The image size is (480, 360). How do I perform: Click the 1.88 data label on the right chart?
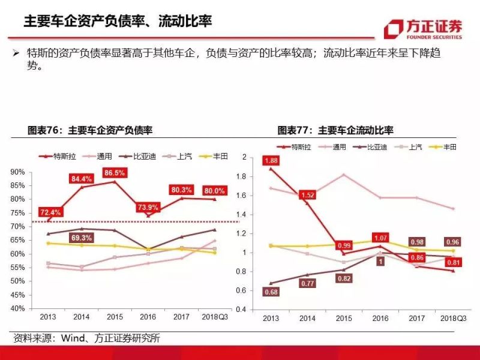coord(271,160)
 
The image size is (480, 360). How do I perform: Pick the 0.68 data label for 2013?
coord(271,292)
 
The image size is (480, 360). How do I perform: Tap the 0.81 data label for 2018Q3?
coord(453,262)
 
